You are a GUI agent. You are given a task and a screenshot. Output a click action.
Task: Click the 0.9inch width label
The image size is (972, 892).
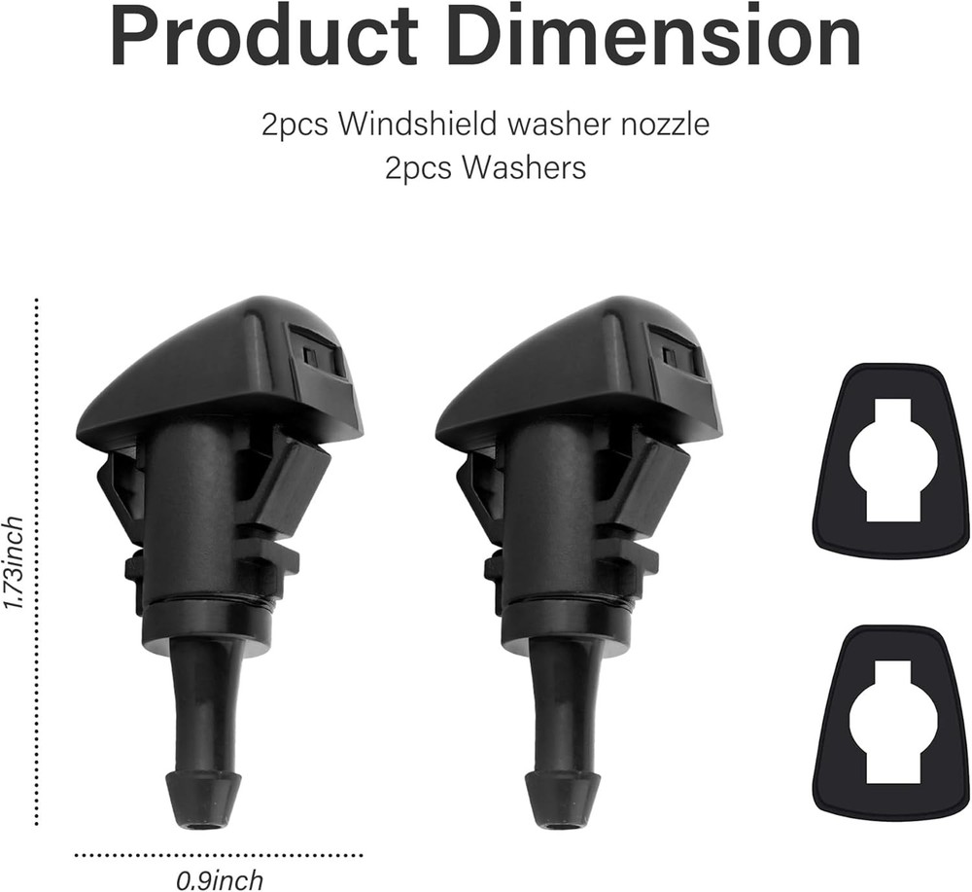click(x=219, y=880)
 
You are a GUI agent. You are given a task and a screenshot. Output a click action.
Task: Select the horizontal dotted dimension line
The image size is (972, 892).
click(x=219, y=856)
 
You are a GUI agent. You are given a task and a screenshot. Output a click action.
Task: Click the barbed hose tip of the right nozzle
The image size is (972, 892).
click(x=562, y=798)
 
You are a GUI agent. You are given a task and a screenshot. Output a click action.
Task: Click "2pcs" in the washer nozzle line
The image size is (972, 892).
click(x=294, y=125)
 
